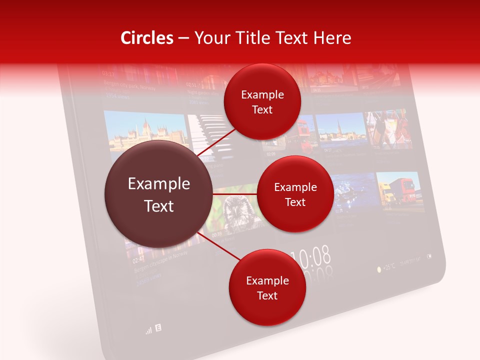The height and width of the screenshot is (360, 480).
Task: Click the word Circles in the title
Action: pos(147,38)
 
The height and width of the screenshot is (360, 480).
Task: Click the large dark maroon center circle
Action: pos(159,194)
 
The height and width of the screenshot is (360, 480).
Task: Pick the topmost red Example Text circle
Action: pos(262,102)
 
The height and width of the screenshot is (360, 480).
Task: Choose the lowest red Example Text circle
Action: pos(267,288)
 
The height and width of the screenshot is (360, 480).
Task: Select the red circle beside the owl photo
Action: pos(295,194)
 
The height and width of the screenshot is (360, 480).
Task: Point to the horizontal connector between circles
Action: pos(235,193)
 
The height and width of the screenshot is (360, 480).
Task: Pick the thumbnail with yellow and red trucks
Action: pos(397,189)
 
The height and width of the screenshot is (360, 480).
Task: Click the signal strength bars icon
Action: pos(148,330)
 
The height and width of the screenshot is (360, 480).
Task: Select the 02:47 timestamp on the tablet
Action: pos(138,259)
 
